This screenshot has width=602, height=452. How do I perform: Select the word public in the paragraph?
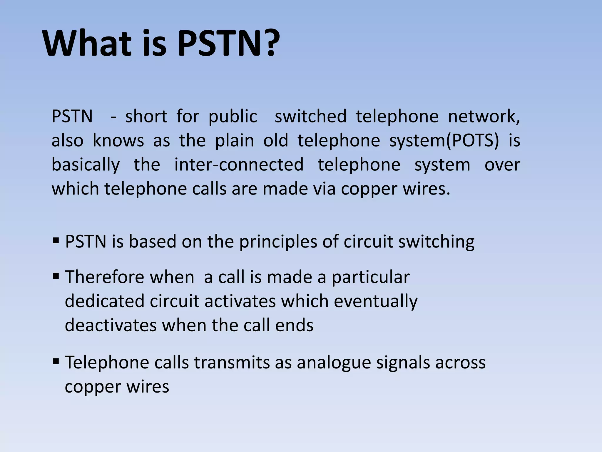click(x=233, y=117)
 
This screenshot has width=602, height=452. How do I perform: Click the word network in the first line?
click(x=484, y=117)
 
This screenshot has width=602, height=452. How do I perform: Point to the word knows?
click(x=118, y=141)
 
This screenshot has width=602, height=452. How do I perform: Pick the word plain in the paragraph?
click(x=235, y=141)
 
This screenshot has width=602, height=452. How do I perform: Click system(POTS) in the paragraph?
click(x=444, y=141)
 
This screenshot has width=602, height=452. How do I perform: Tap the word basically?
click(x=86, y=165)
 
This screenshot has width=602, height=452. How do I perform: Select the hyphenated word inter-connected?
click(x=239, y=165)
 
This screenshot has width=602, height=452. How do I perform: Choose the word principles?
click(x=278, y=242)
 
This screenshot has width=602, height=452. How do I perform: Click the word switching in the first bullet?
click(x=436, y=242)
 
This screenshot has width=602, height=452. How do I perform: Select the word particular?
click(x=371, y=277)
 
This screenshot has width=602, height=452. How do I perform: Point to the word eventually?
click(x=376, y=302)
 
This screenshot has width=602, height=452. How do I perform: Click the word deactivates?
click(x=111, y=325)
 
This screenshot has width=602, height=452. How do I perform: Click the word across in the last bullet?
click(x=460, y=363)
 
